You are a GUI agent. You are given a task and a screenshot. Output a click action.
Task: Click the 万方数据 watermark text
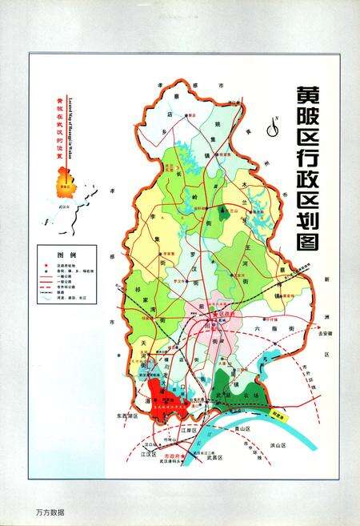(50, 511)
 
